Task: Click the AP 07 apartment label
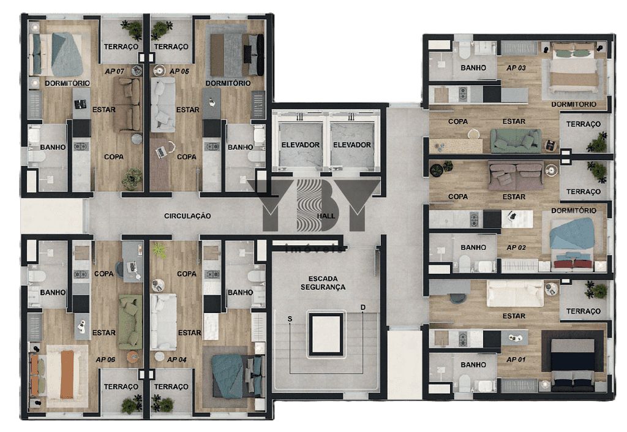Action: tap(115, 72)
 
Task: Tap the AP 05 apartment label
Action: tap(179, 72)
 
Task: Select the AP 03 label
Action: tap(516, 68)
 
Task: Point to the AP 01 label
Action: tap(516, 360)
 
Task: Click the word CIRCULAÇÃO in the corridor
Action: tap(187, 216)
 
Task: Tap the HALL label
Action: tap(326, 216)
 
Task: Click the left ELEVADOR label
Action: tap(300, 145)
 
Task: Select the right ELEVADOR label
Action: tap(352, 145)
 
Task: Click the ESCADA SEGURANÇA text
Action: tap(323, 283)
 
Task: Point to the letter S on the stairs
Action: tap(290, 319)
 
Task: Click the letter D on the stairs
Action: tap(363, 308)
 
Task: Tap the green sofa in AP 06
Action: tap(130, 322)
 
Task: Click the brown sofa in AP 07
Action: tap(127, 105)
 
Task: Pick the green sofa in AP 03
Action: tap(516, 141)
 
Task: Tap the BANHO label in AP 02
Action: tap(473, 248)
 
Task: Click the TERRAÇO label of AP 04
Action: tap(171, 387)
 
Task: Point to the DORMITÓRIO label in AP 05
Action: tap(228, 83)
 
